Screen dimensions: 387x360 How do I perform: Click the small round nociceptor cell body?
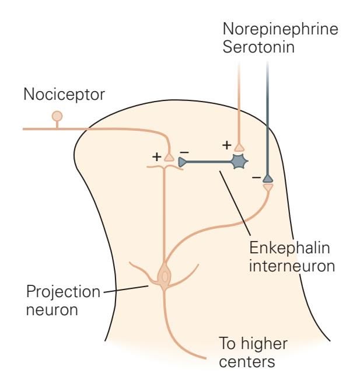[x=57, y=116]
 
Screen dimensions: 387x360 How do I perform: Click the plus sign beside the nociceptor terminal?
[x=156, y=156]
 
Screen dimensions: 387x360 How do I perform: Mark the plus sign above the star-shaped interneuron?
[x=227, y=145]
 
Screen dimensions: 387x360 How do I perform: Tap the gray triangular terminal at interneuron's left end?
[x=182, y=162]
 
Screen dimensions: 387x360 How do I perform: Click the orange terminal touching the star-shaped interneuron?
[x=239, y=147]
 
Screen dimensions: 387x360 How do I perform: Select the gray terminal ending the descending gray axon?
[x=267, y=179]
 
